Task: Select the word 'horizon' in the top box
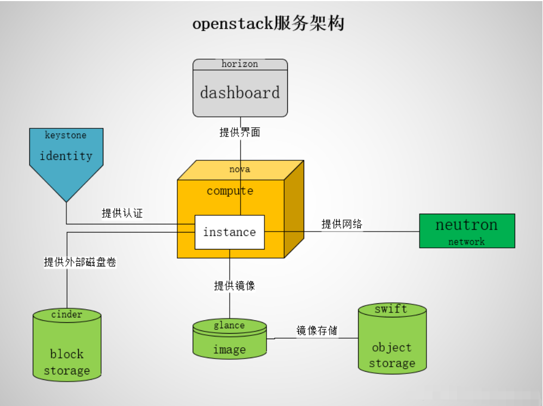pos(240,64)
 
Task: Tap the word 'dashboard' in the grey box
pos(240,92)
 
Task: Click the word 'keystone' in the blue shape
pos(66,135)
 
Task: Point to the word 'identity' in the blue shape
pos(66,156)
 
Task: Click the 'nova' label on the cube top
pos(240,169)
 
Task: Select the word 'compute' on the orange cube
pos(230,191)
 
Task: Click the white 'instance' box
pos(230,232)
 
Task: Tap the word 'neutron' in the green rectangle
pos(466,225)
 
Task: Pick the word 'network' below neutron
pos(466,242)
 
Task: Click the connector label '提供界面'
pos(240,132)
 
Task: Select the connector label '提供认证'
pos(122,213)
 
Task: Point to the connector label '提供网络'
pos(342,224)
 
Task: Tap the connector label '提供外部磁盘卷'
pos(80,262)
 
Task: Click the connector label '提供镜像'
pos(235,285)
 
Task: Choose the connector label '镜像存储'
pos(317,330)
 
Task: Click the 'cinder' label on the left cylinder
pos(67,314)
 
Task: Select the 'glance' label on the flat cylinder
pos(229,326)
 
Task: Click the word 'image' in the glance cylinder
pos(229,349)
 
